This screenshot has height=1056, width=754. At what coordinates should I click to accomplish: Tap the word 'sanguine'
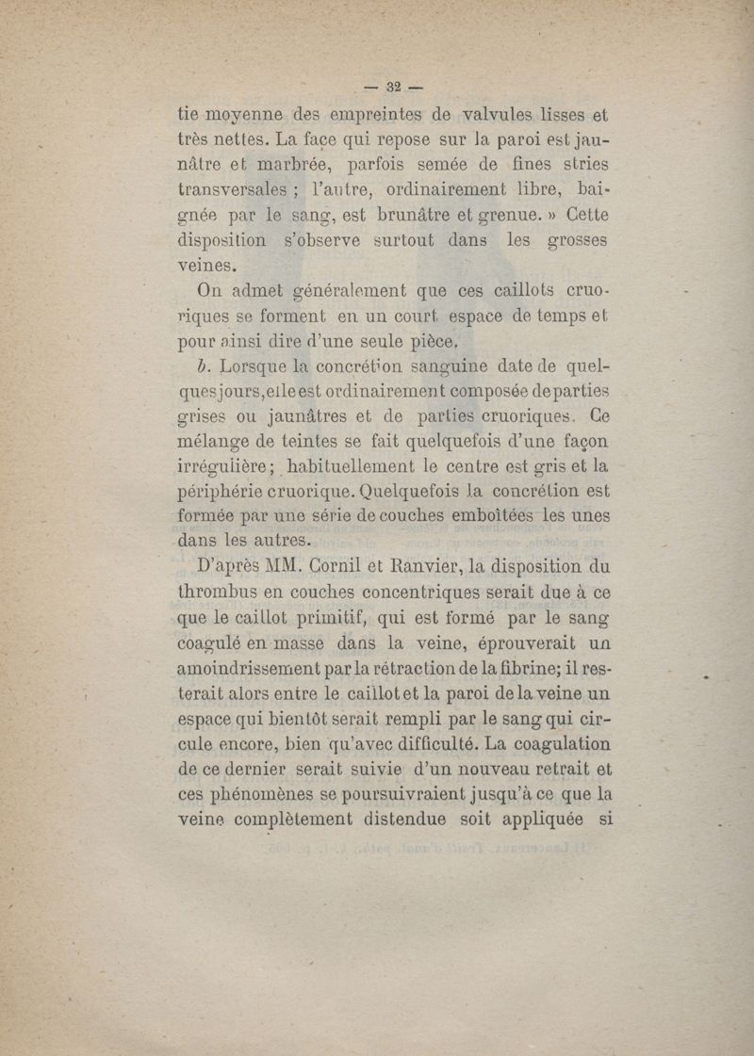coord(448,365)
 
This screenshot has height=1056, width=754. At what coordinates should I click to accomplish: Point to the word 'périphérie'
coord(229,490)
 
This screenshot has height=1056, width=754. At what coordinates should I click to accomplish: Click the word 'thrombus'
coord(222,593)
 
